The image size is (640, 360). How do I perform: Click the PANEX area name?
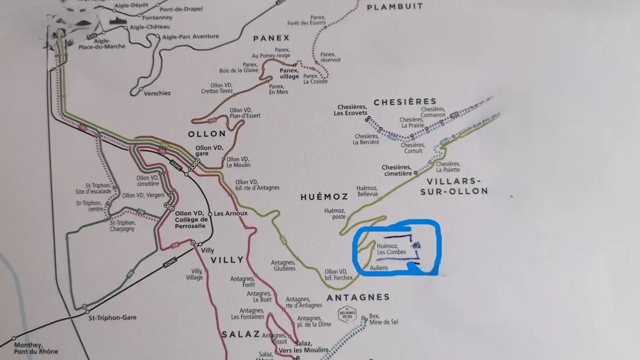click(271, 38)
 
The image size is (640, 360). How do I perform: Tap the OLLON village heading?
click(207, 134)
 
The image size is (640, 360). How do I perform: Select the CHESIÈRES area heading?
click(405, 102)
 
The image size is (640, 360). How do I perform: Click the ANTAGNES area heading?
click(358, 297)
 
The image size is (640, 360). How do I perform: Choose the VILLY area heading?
click(227, 260)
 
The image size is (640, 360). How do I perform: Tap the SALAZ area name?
click(240, 334)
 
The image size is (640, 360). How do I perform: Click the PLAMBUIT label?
click(395, 7)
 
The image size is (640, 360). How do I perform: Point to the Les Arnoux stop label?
click(230, 213)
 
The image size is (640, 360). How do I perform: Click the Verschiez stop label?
click(157, 93)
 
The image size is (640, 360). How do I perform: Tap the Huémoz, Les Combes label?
click(391, 249)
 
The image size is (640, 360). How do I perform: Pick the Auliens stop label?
click(379, 268)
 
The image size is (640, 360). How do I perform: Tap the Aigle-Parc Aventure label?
click(191, 37)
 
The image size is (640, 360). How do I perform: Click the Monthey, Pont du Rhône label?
click(36, 348)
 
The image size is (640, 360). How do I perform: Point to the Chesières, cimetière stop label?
click(396, 170)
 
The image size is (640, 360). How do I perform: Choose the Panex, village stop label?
click(289, 73)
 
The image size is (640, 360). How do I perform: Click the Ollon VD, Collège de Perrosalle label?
click(191, 220)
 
